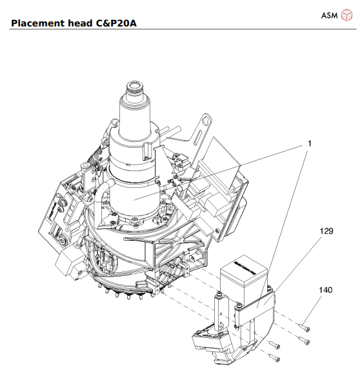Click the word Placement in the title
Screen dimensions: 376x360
tap(37, 24)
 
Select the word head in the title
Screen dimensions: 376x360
tap(81, 24)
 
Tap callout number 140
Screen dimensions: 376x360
tap(325, 290)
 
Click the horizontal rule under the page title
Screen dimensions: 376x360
tap(180, 30)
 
